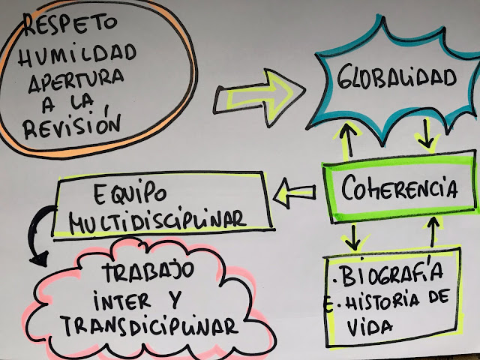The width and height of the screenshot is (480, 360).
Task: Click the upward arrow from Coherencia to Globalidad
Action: click(x=348, y=139)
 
